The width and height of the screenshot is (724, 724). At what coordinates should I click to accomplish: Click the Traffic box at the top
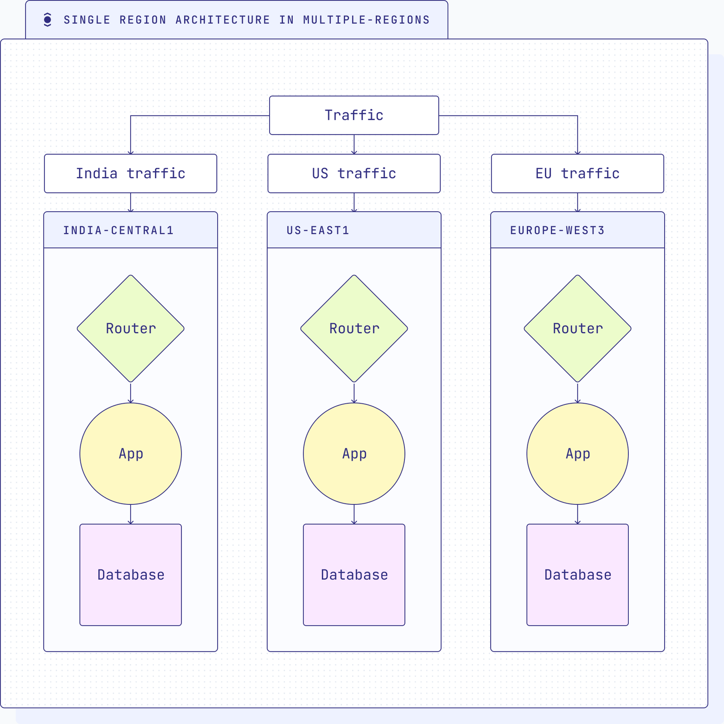click(354, 115)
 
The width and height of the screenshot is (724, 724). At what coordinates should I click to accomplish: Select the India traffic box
click(131, 173)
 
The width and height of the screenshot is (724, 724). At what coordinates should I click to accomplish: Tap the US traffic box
click(354, 173)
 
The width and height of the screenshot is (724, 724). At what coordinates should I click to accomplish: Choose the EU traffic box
click(577, 173)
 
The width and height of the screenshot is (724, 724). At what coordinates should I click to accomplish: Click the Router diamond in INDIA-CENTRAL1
click(131, 329)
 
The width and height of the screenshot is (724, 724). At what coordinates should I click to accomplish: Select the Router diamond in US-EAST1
click(354, 329)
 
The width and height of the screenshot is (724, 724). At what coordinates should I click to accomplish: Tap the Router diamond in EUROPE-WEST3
click(577, 329)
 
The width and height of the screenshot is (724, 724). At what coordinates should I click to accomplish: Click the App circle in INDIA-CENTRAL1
click(131, 453)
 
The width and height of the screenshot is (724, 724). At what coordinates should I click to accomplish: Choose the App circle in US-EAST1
click(354, 453)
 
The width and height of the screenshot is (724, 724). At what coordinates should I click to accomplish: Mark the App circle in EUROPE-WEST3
click(577, 453)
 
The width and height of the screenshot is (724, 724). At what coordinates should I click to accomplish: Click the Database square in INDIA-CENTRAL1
click(131, 575)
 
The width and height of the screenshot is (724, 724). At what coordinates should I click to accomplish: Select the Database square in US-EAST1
click(354, 575)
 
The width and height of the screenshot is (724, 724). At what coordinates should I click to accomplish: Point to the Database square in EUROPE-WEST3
click(577, 575)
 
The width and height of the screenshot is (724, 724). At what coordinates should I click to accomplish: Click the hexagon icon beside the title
click(47, 20)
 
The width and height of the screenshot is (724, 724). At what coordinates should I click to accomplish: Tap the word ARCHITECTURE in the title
click(222, 20)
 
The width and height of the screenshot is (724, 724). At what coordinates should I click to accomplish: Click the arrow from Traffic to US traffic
click(354, 144)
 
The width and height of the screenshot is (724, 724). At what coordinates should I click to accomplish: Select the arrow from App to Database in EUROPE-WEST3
click(577, 514)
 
